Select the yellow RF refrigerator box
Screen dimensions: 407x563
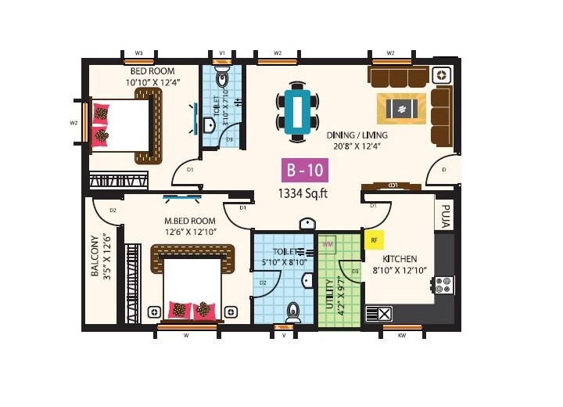click(x=375, y=240)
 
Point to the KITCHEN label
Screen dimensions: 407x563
click(x=400, y=259)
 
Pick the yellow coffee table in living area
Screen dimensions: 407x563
click(x=402, y=109)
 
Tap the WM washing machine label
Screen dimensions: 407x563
click(x=328, y=243)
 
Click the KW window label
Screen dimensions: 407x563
click(x=402, y=335)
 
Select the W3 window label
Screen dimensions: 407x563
click(x=139, y=53)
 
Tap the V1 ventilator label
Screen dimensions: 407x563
click(x=222, y=53)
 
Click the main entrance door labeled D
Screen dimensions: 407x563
click(x=444, y=168)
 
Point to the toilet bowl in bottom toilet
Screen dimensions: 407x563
click(x=293, y=312)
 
